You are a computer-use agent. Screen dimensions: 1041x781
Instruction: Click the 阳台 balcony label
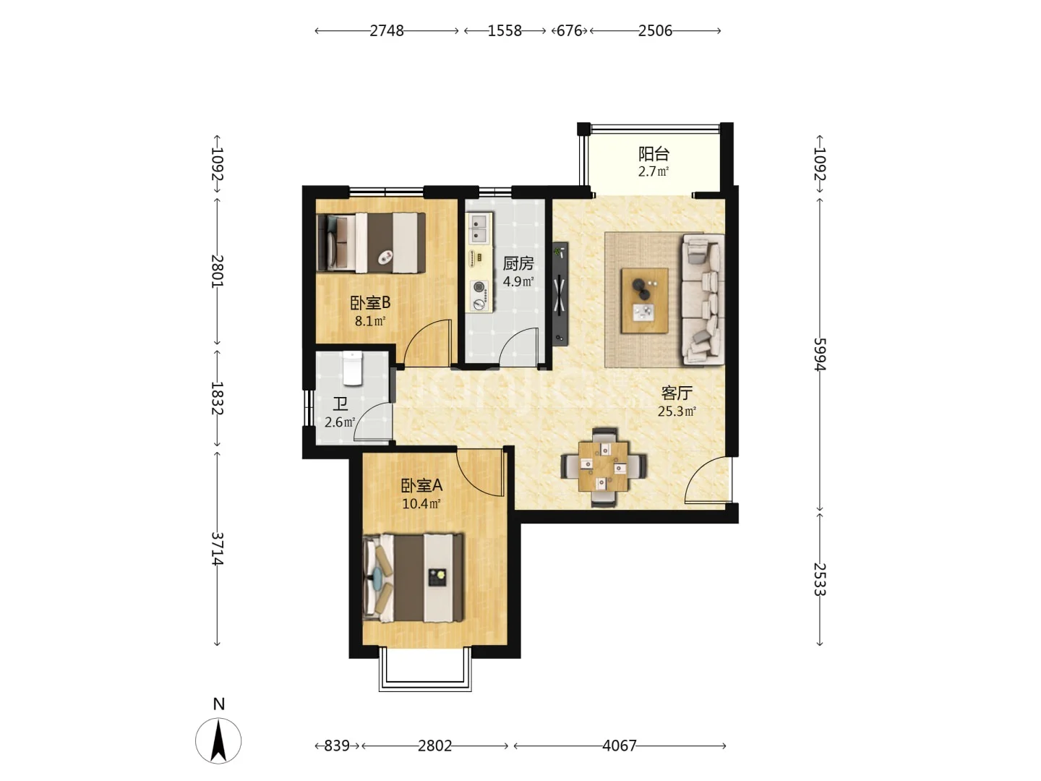tap(653, 153)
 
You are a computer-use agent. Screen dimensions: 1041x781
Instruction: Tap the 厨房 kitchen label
tap(518, 263)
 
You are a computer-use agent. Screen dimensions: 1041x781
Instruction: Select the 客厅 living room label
tap(677, 393)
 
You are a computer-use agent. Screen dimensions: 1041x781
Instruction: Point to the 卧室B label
tap(370, 302)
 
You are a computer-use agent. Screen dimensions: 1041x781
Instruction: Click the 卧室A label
tap(421, 485)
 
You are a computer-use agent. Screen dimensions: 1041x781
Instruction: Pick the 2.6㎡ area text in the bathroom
tap(340, 422)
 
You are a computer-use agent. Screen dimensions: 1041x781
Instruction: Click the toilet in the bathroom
tap(352, 368)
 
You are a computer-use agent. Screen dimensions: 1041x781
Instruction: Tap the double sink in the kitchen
tap(479, 228)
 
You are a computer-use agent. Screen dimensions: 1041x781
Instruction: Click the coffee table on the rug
tap(645, 301)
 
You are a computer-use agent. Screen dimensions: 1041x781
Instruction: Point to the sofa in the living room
tap(703, 300)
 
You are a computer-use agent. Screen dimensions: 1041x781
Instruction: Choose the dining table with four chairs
tap(603, 467)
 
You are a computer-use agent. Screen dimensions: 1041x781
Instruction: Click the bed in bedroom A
tap(413, 578)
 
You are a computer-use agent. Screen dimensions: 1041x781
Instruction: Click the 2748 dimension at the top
tap(387, 31)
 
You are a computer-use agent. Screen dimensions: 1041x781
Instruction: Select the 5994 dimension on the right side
tap(820, 354)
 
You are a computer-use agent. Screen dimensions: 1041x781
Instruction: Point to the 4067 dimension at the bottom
tap(620, 746)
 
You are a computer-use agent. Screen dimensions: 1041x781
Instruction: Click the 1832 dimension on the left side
tap(217, 398)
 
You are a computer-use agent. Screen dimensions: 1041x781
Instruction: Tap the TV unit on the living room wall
tap(560, 294)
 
